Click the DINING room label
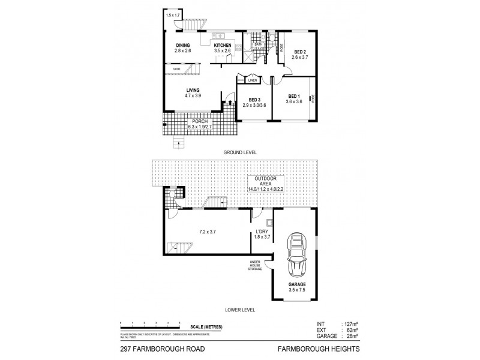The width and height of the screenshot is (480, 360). pyautogui.click(x=184, y=46)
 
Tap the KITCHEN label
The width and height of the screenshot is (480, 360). pyautogui.click(x=223, y=46)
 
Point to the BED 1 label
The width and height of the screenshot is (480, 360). pyautogui.click(x=293, y=96)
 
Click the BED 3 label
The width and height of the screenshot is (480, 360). pyautogui.click(x=254, y=100)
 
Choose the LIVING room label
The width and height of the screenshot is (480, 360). pyautogui.click(x=192, y=90)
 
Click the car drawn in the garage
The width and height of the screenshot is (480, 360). pyautogui.click(x=296, y=254)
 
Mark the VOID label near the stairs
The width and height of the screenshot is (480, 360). pyautogui.click(x=176, y=69)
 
